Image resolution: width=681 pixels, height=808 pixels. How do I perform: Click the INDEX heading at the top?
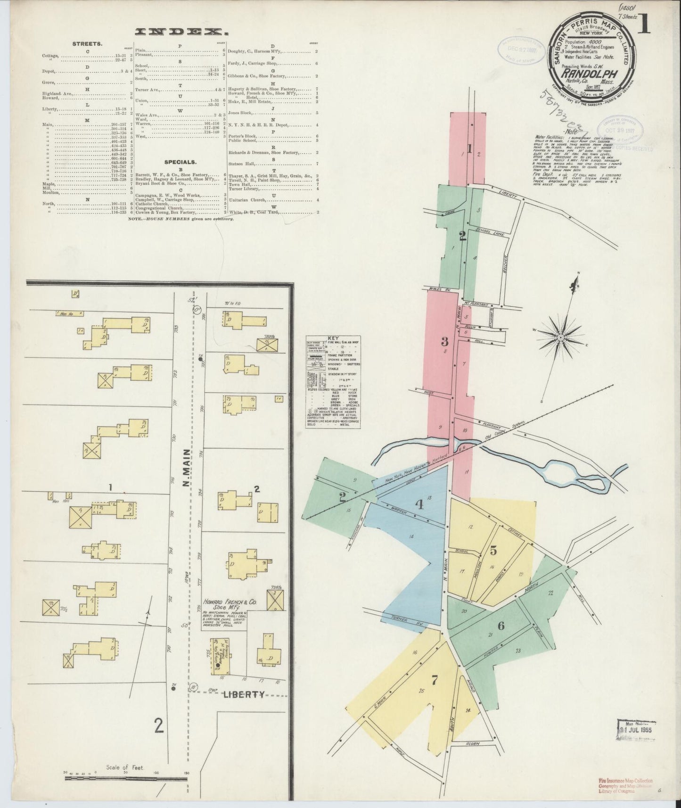coord(179,32)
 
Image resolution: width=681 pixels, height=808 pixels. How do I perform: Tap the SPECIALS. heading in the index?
coord(181,161)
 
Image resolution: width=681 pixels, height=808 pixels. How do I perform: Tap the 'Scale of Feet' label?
coord(125,767)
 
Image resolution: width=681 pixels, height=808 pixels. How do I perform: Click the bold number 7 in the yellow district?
coord(435,680)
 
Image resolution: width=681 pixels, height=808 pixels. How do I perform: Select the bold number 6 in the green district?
coord(500,626)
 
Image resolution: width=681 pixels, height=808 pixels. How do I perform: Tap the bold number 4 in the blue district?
coord(419,504)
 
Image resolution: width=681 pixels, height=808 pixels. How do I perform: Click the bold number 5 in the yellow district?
coord(493,550)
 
